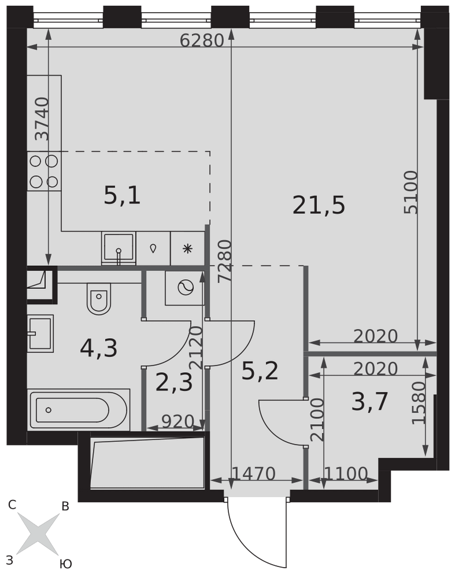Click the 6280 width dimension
coord(202,40)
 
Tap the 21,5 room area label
coord(319,205)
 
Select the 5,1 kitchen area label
coord(122,195)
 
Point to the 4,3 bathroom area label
coord(98,349)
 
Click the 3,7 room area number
coord(370,402)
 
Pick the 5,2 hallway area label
coord(260,371)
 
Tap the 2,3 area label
coord(174,382)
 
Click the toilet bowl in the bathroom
coord(99,299)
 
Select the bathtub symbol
coord(79,410)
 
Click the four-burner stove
coord(45,171)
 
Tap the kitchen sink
coord(119,248)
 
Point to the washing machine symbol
coord(185,288)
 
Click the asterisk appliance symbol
coord(188,249)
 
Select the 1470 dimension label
coord(254,474)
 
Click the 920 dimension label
coord(177,421)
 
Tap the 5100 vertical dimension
coord(411,192)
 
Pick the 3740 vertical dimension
coord(42,118)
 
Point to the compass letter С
coord(12,505)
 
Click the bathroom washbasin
coord(40,334)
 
